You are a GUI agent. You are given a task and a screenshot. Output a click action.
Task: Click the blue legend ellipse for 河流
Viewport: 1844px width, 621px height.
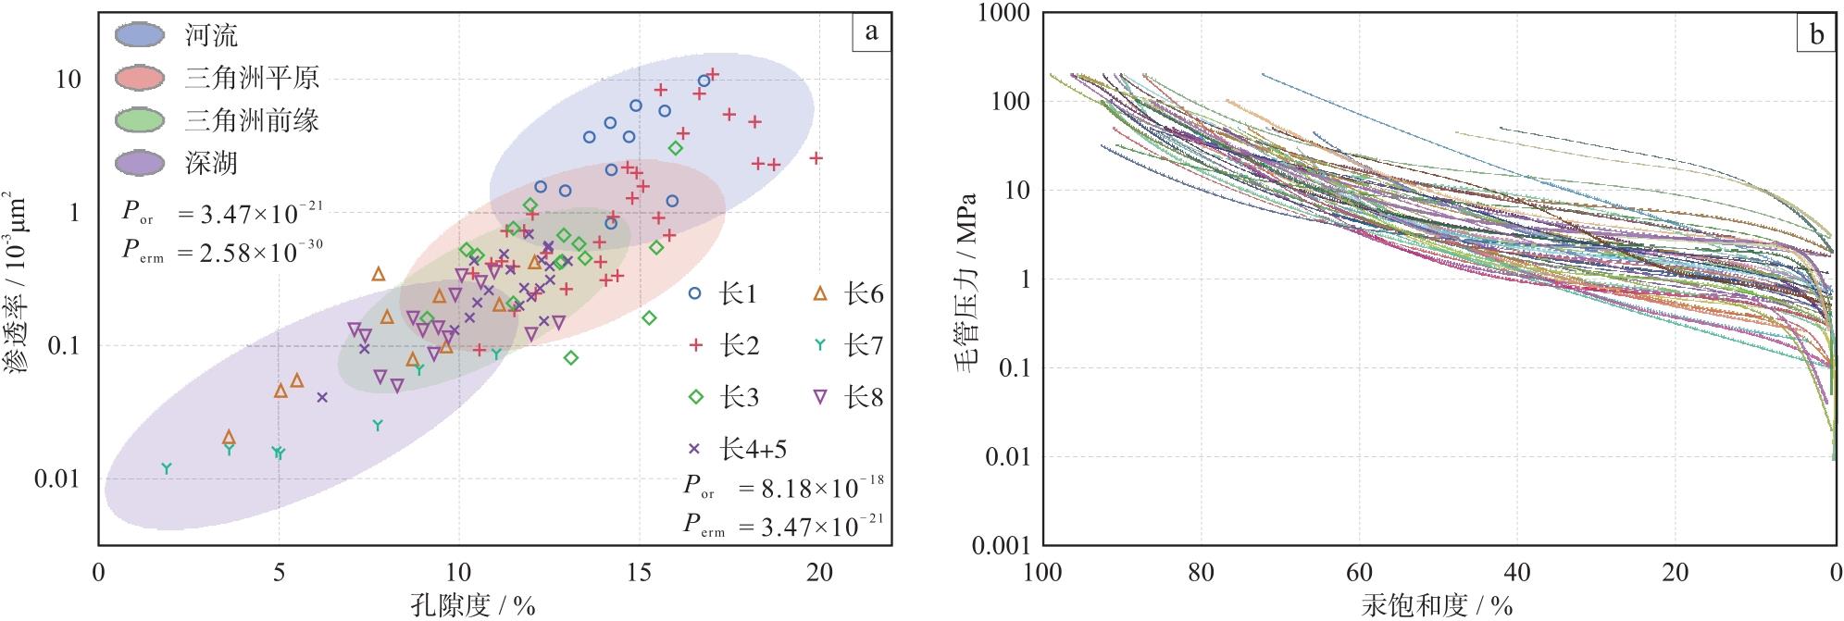click(139, 35)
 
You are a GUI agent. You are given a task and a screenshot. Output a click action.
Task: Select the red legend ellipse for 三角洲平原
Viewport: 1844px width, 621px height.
click(139, 78)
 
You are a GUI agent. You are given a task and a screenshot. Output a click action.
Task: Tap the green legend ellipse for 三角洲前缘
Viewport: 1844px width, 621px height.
click(139, 120)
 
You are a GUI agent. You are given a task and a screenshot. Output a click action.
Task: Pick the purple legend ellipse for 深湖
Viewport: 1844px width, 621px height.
click(139, 163)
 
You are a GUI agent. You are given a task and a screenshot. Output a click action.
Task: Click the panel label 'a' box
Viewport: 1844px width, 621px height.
click(871, 32)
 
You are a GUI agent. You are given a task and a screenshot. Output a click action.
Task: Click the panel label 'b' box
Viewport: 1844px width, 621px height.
click(1816, 35)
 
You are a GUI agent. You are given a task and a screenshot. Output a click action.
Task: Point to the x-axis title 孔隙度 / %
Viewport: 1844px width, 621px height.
click(473, 606)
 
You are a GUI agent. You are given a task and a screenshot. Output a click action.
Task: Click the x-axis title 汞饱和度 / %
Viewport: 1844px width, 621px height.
click(1437, 606)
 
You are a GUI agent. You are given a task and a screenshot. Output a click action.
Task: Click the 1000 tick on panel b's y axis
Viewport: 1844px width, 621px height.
click(996, 13)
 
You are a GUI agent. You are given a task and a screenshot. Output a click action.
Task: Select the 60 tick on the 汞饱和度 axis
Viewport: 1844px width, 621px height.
click(1359, 574)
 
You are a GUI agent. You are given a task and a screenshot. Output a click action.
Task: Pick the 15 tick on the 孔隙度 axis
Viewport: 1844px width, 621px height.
click(639, 574)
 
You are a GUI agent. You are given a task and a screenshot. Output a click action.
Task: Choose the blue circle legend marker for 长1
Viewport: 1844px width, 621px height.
click(696, 294)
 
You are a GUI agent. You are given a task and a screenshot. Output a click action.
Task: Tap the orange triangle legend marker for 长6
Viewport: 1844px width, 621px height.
click(820, 294)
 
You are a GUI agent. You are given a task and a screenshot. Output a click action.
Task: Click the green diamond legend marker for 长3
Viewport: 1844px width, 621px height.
click(696, 398)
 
